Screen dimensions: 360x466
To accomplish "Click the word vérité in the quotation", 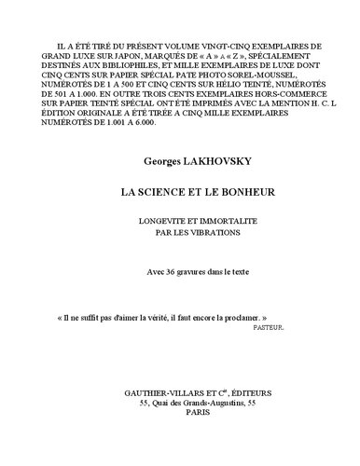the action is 161,318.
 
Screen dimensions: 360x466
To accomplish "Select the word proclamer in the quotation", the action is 251,318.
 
